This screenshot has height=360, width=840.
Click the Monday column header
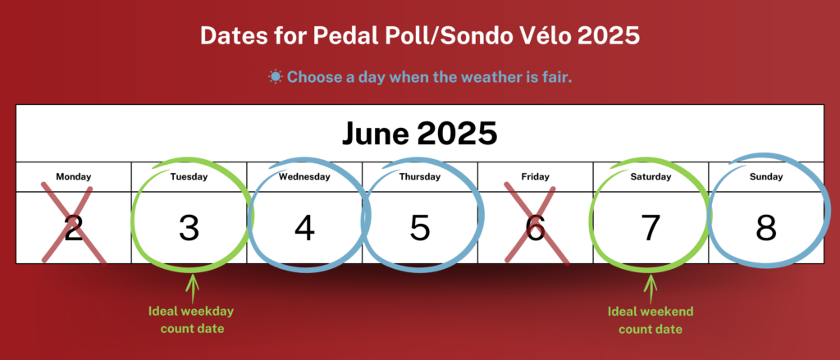pyautogui.click(x=73, y=177)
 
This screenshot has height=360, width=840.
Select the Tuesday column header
pyautogui.click(x=189, y=177)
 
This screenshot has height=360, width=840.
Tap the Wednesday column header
pyautogui.click(x=304, y=177)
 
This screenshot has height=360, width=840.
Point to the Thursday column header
pyautogui.click(x=420, y=177)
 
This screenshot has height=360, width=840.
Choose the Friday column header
pyautogui.click(x=535, y=177)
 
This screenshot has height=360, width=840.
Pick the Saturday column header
pyautogui.click(x=651, y=177)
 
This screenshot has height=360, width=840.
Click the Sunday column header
pyautogui.click(x=766, y=177)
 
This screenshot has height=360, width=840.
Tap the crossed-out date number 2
pyautogui.click(x=73, y=228)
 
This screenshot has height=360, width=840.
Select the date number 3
pyautogui.click(x=189, y=228)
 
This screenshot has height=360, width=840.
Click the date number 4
pyautogui.click(x=304, y=228)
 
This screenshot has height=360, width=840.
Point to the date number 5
pyautogui.click(x=420, y=228)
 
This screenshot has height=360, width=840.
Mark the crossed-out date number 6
pyautogui.click(x=535, y=228)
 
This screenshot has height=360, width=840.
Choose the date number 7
pyautogui.click(x=651, y=228)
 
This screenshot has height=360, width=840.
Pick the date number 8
pyautogui.click(x=766, y=228)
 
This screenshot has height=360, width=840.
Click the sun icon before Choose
pyautogui.click(x=276, y=77)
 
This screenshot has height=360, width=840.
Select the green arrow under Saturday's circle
pyautogui.click(x=651, y=288)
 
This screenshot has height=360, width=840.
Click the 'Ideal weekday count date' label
pyautogui.click(x=192, y=320)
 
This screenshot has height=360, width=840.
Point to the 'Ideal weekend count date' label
pyautogui.click(x=651, y=320)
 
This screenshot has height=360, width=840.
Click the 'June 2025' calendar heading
pyautogui.click(x=419, y=134)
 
